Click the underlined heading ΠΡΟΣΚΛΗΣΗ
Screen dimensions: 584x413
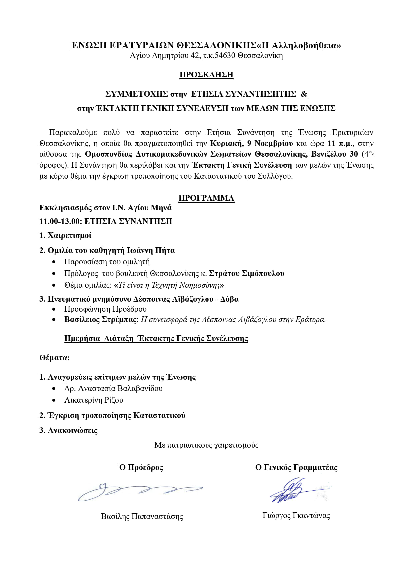click(x=206, y=75)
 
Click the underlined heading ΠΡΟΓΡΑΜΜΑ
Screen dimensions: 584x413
click(x=206, y=198)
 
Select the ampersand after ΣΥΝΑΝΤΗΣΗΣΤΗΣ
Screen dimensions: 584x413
click(x=304, y=94)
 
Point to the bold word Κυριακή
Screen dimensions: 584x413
click(x=226, y=143)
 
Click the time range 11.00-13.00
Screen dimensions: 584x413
click(x=60, y=221)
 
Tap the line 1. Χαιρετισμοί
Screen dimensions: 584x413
click(x=65, y=236)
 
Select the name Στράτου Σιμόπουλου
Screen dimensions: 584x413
click(x=246, y=274)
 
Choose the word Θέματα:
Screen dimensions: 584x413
click(x=55, y=358)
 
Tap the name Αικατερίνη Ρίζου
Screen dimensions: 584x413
click(x=94, y=400)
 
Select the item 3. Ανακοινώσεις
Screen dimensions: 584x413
click(x=68, y=430)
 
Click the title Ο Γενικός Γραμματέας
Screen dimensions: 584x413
click(x=296, y=468)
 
